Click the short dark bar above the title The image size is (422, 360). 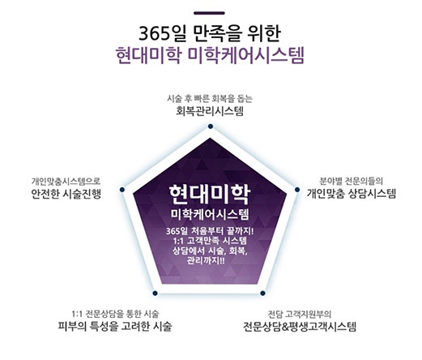(209, 13)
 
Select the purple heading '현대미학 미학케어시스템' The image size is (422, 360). (210, 56)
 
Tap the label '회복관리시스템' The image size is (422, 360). (210, 111)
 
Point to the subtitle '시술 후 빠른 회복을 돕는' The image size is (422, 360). (210, 99)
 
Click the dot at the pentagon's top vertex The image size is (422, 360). (211, 126)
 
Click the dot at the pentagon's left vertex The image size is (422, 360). (122, 190)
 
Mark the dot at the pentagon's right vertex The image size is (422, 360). (297, 190)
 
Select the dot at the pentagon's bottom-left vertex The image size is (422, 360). (155, 293)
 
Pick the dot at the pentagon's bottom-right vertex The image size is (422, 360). (262, 293)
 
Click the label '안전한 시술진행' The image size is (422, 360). (66, 194)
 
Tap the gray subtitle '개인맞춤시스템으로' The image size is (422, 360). (66, 182)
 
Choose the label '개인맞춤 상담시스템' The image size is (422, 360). (352, 194)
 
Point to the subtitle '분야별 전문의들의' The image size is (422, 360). (352, 181)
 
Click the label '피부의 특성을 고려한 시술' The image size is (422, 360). (115, 326)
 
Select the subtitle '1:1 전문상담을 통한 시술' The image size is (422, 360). (115, 314)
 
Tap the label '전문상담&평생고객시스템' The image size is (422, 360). (300, 327)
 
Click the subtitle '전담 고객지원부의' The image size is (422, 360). (300, 314)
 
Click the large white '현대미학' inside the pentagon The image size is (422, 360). (210, 195)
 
